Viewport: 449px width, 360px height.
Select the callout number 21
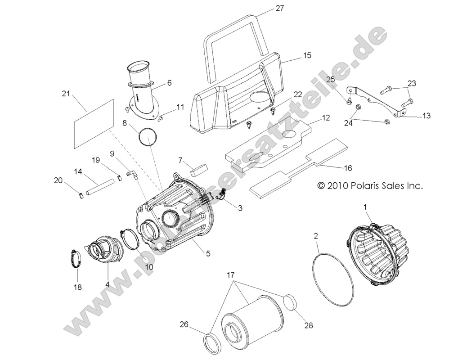66,94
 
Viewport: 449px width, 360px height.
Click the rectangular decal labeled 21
92,124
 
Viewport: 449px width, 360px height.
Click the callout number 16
348,168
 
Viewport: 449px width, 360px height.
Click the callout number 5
208,253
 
